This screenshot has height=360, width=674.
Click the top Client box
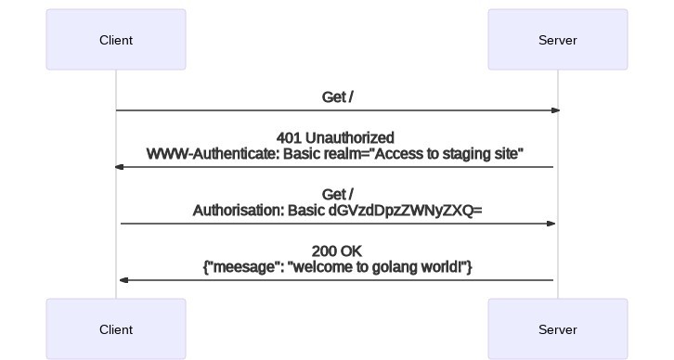pos(116,40)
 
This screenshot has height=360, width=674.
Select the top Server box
pos(557,40)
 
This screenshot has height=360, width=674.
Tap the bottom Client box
pos(116,329)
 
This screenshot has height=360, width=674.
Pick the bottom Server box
pos(557,329)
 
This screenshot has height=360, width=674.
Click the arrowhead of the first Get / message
pos(555,110)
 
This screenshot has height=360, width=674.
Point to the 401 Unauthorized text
pos(335,138)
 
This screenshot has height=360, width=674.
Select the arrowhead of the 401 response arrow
pos(119,167)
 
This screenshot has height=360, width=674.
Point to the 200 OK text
pos(337,251)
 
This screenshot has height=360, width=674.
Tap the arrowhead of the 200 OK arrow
pos(123,280)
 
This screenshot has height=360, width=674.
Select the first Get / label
pos(337,97)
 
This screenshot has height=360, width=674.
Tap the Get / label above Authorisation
pos(337,195)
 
